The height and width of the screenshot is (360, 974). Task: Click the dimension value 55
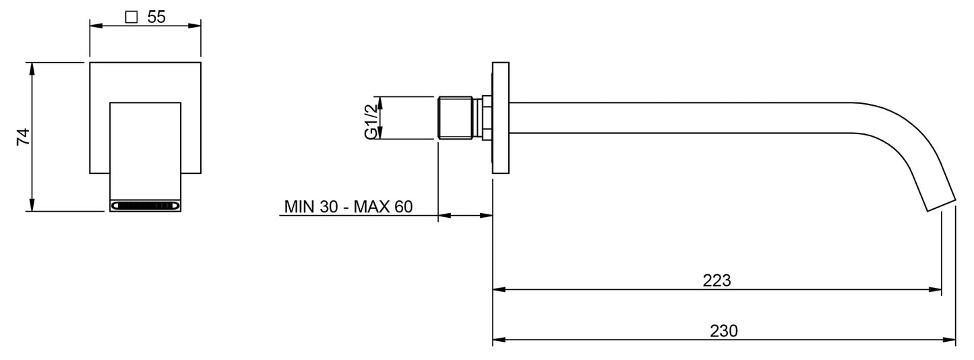[x=156, y=17]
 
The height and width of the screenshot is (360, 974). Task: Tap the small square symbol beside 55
[x=131, y=17]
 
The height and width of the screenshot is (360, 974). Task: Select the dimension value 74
[x=23, y=137]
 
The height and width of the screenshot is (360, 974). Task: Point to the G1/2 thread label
[x=371, y=122]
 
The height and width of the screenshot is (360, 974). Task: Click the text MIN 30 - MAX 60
[x=348, y=206]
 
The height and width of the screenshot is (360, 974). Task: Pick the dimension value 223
[x=717, y=280]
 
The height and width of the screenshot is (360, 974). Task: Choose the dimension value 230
[x=724, y=331]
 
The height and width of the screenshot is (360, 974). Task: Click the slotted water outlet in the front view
[x=145, y=205]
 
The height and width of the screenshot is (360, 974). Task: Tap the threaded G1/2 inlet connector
[x=455, y=118]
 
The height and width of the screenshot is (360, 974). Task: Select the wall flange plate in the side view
[x=500, y=118]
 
